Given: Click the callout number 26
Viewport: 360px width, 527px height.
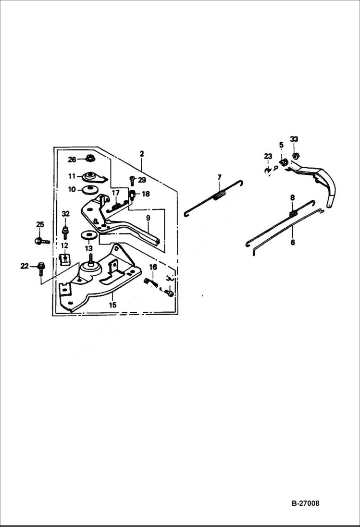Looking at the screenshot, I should point(72,159).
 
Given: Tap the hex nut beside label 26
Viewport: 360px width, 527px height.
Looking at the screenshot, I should point(89,158).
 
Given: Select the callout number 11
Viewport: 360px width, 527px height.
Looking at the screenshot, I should point(72,176).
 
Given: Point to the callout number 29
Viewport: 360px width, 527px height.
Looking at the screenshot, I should point(142,180).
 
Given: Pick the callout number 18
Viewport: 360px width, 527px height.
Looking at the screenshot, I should point(145,194).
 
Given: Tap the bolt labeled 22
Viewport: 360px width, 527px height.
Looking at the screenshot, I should point(40,265).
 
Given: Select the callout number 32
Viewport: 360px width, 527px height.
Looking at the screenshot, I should point(66,213).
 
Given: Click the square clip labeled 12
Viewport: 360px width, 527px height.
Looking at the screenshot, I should point(64,259).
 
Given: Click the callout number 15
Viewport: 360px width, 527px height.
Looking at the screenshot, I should point(112,305).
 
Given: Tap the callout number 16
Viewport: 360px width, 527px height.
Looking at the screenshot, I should point(152,267).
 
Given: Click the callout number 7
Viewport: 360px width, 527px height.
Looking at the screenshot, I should point(219,178).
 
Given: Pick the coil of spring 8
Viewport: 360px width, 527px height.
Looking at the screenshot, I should point(292,211).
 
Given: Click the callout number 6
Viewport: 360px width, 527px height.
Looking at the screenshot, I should point(292,242).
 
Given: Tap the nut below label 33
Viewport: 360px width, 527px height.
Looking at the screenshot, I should point(294,156).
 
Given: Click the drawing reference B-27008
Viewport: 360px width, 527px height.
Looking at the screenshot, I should point(305,503).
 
